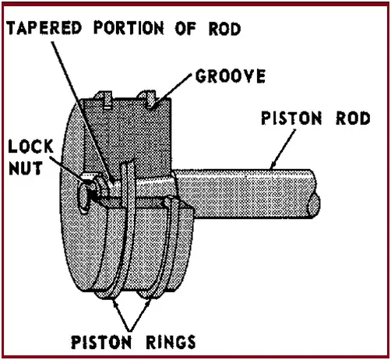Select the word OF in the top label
pos(185,28)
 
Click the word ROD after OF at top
pos(224,29)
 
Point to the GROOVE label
pos(231,76)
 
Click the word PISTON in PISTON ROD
pos(291,118)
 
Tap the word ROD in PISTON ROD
pos(353,118)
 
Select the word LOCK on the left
pos(30,146)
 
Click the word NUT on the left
pos(26,168)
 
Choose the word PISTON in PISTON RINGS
pos(101,342)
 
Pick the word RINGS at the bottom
pos(171,342)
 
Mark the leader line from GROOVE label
pos(173,90)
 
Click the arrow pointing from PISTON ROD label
pos(283,150)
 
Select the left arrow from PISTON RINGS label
pos(122,314)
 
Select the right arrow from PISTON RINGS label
pos(140,314)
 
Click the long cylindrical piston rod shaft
pos(244,193)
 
